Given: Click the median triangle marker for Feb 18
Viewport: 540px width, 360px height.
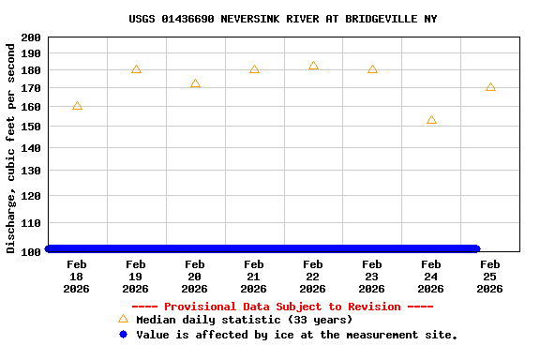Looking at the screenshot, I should click(x=77, y=106).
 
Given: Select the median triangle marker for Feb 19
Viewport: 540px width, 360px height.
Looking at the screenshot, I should click(x=136, y=69).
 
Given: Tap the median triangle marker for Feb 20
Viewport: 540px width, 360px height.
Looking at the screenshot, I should click(x=195, y=83).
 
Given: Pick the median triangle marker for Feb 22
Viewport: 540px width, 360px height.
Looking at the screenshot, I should click(x=313, y=66).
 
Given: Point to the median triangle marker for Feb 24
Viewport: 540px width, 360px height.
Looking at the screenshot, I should click(x=431, y=120).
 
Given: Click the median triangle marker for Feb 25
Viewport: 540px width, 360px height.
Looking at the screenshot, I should click(x=490, y=87).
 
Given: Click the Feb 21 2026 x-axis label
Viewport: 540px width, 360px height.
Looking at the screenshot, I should click(x=254, y=277).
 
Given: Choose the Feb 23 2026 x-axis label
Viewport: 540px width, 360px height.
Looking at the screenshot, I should click(x=372, y=277).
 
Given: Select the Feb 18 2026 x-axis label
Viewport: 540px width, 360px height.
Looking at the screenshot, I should click(x=77, y=277).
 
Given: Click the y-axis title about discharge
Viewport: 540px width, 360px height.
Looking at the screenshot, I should click(x=11, y=147).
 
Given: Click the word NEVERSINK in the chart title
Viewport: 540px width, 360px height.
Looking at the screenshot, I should click(x=249, y=19).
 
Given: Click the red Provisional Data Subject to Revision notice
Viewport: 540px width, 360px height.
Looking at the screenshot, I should click(x=282, y=307).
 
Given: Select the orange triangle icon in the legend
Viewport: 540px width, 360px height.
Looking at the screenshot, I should click(x=123, y=320).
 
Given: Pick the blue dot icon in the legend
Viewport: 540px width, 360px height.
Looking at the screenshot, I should click(x=123, y=335).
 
